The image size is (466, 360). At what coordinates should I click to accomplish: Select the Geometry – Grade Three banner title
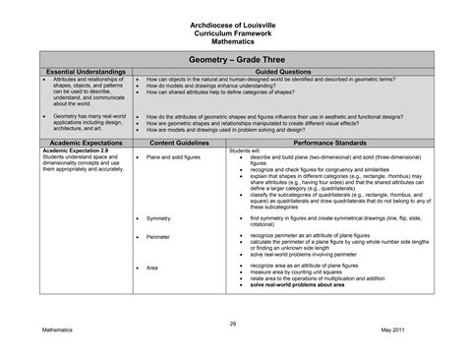point(233,59)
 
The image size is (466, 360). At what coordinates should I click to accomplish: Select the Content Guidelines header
point(180,143)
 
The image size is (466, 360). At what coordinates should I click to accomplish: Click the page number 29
point(233,325)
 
